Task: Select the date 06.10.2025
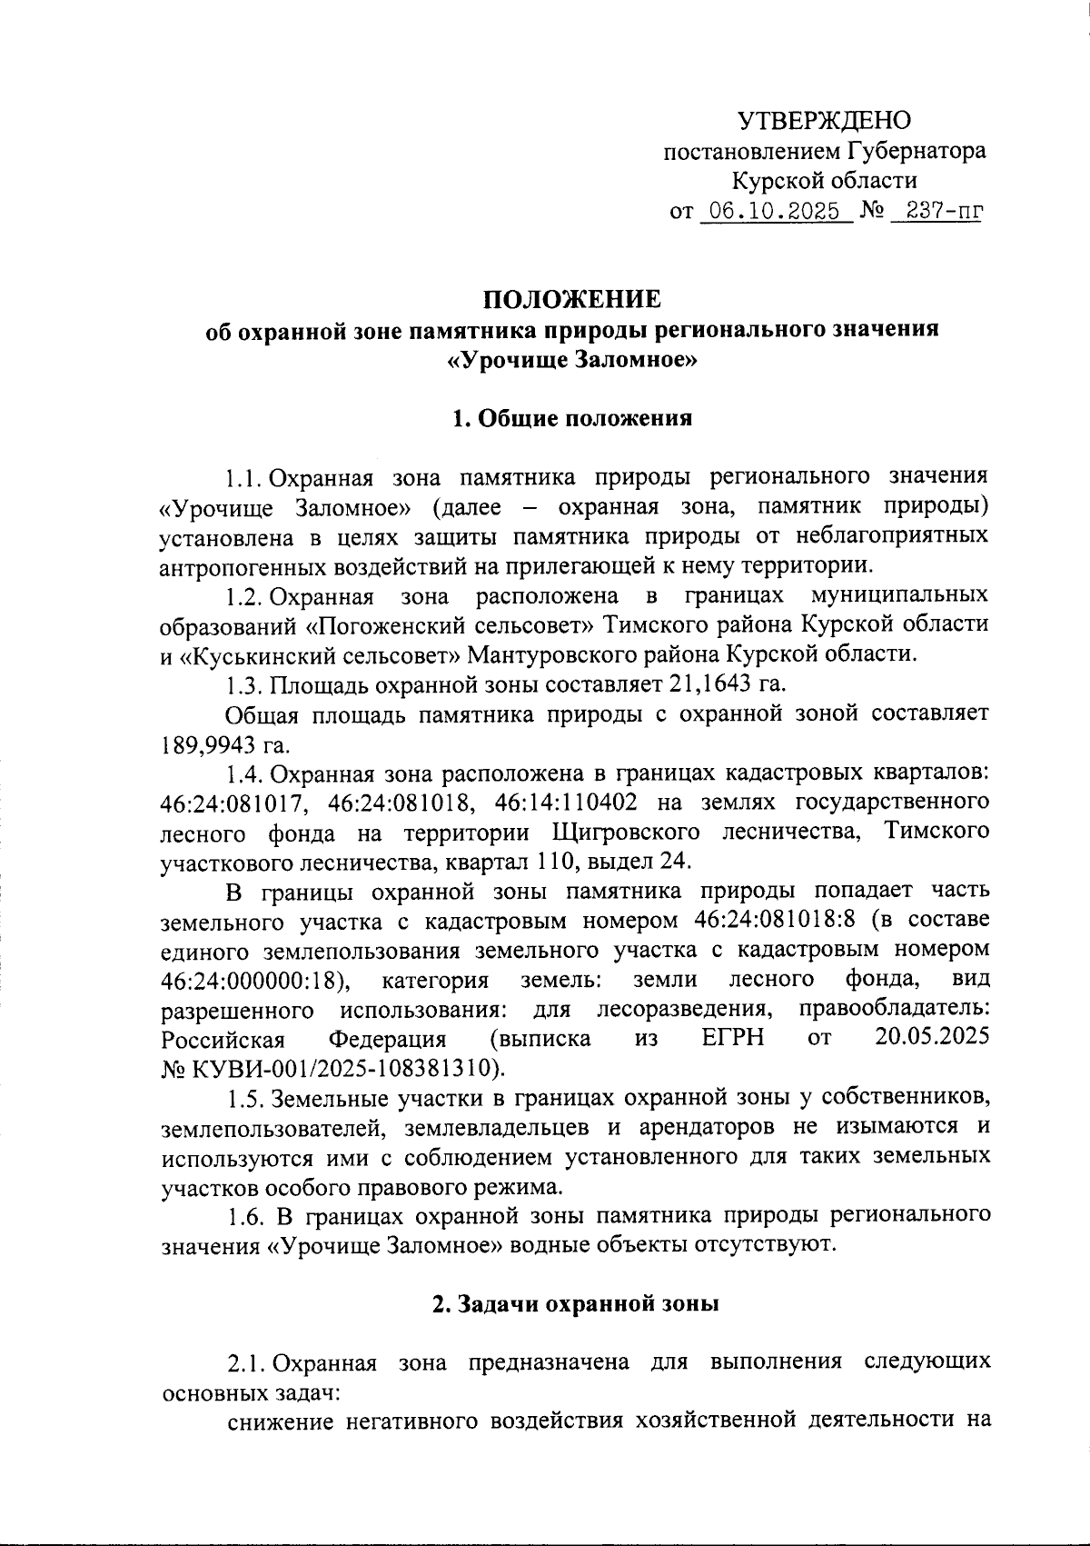[775, 212]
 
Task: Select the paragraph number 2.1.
[245, 1363]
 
